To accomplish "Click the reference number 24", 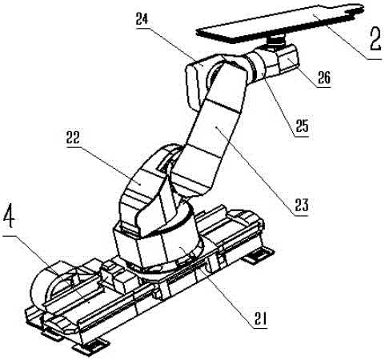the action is [x=142, y=19].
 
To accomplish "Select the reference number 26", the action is [x=324, y=78].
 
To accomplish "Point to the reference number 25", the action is [x=302, y=126].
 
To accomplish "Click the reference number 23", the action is [x=302, y=205].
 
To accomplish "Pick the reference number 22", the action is [x=73, y=138].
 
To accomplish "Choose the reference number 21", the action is [x=260, y=318].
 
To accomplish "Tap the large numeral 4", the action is [x=10, y=215].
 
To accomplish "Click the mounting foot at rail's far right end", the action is [x=259, y=255].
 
